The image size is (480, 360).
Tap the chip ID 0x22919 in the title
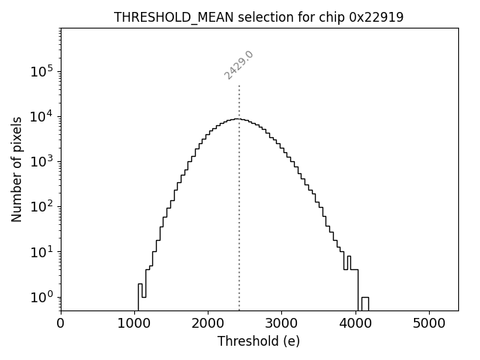click(x=376, y=17)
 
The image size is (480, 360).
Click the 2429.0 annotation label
click(x=239, y=65)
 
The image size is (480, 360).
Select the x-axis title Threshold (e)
click(x=259, y=341)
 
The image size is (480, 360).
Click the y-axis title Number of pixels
click(x=16, y=169)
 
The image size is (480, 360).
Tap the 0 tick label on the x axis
click(x=61, y=325)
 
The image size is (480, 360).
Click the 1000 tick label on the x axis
click(x=134, y=325)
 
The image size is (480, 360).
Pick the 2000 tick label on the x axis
click(x=208, y=325)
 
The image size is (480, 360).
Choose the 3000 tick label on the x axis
click(x=281, y=325)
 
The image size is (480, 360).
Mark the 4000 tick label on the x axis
click(x=355, y=325)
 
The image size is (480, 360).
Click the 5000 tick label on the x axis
click(x=429, y=325)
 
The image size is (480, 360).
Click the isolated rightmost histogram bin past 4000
click(x=365, y=303)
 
